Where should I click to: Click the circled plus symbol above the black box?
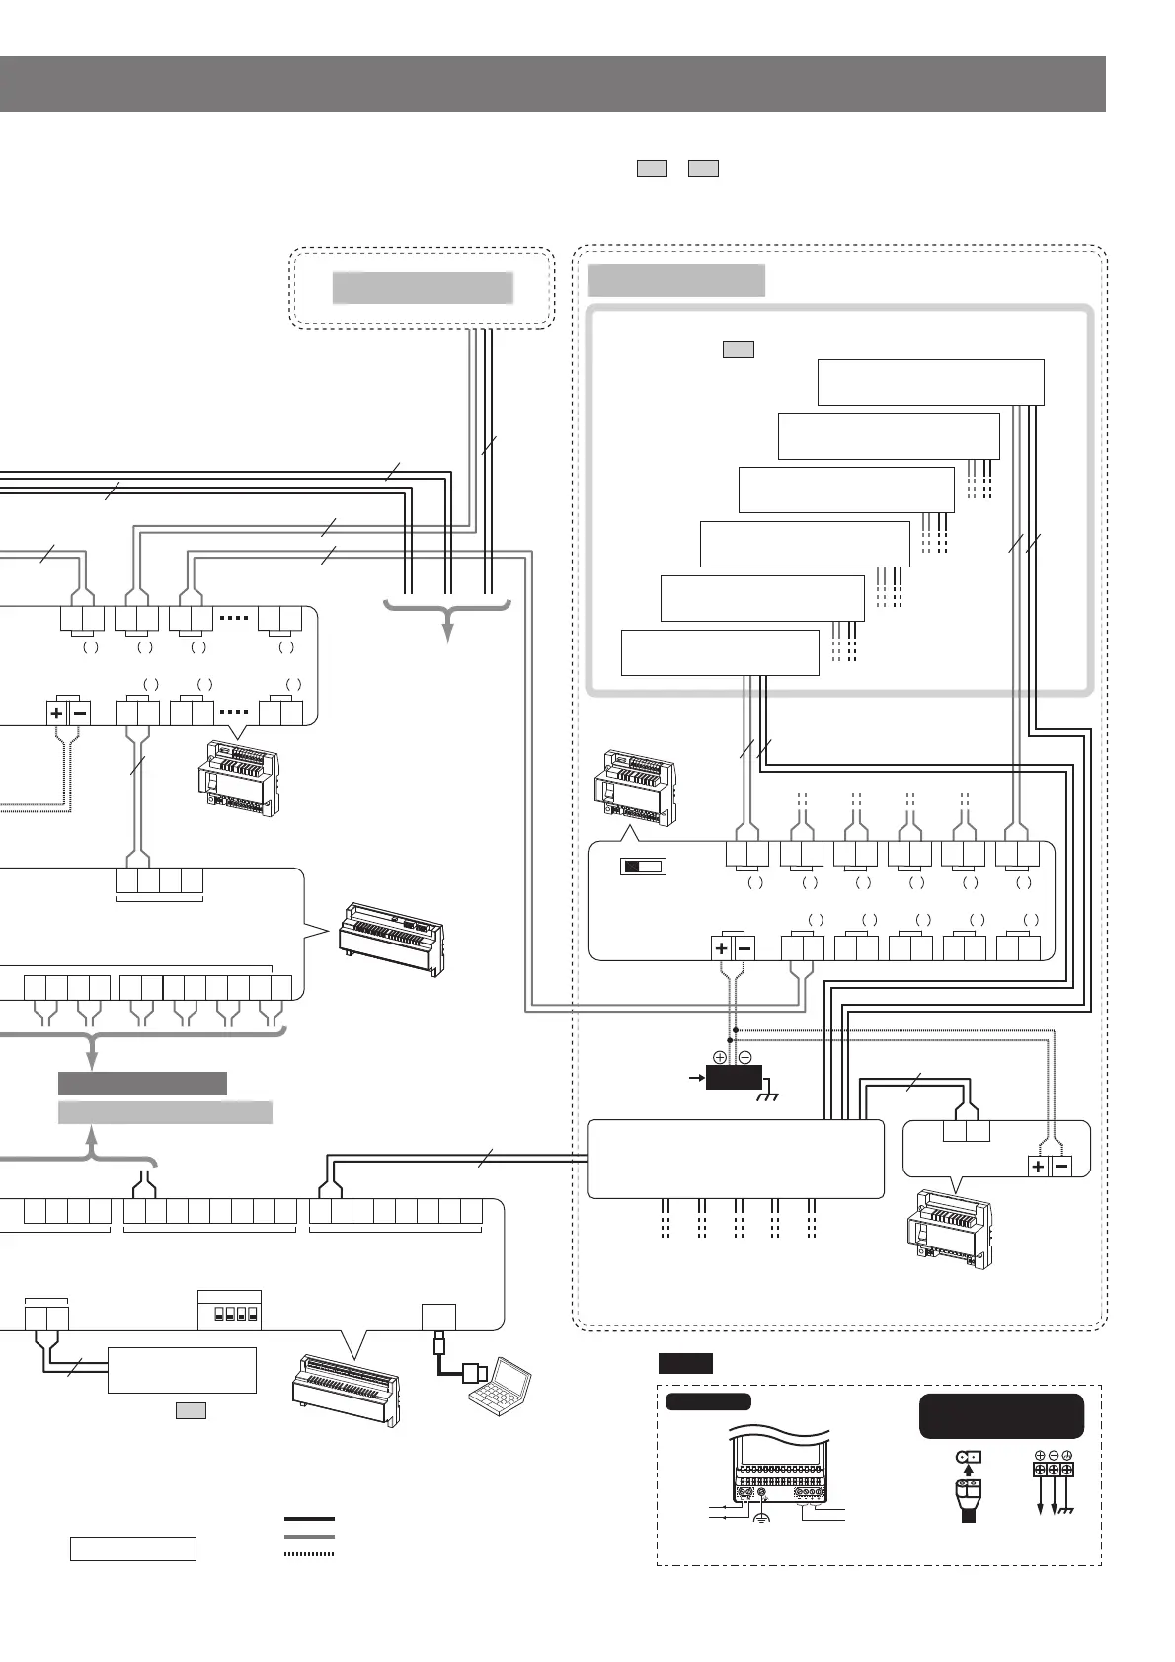coord(720,1057)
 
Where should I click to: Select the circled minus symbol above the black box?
coord(744,1057)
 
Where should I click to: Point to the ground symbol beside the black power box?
coord(767,1095)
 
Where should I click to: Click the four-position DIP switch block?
coord(229,1315)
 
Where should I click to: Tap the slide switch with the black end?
coord(643,867)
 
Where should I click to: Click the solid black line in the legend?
coord(309,1519)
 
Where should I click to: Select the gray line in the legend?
coord(309,1537)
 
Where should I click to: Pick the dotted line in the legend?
coord(309,1554)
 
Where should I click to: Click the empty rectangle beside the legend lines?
coord(132,1549)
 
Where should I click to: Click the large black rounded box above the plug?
coord(1001,1416)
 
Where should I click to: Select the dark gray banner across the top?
coord(553,84)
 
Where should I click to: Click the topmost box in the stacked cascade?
coord(930,382)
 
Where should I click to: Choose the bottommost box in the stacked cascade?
coord(720,652)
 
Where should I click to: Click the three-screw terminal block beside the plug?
coord(1053,1469)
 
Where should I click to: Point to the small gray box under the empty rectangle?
coord(191,1411)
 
